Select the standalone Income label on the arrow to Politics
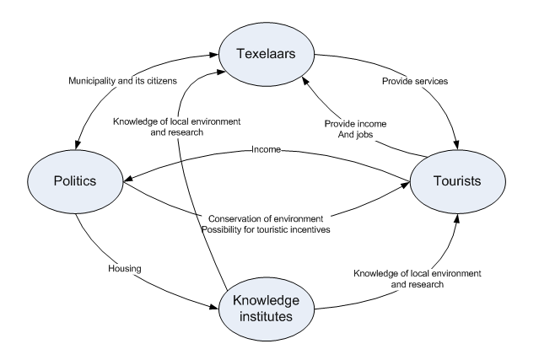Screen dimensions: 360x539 coord(267,150)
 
